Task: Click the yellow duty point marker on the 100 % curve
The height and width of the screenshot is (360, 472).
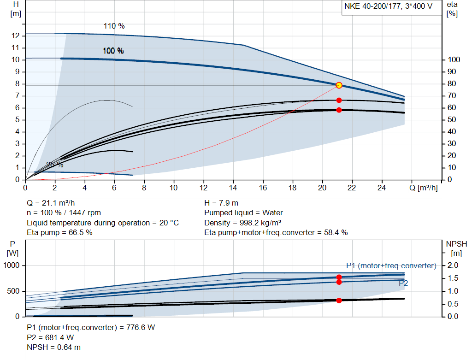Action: pyautogui.click(x=339, y=85)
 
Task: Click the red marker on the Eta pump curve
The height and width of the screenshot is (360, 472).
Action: pyautogui.click(x=339, y=100)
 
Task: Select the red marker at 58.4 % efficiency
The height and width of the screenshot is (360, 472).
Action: pyautogui.click(x=339, y=110)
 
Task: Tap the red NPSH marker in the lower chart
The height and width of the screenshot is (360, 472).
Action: pyautogui.click(x=339, y=301)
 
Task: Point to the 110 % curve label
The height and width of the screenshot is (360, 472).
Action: pyautogui.click(x=114, y=26)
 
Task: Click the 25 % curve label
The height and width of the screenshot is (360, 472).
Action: pyautogui.click(x=55, y=165)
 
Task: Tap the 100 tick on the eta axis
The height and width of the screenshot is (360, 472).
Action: pyautogui.click(x=454, y=60)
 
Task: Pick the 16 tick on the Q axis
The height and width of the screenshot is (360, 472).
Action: pyautogui.click(x=263, y=188)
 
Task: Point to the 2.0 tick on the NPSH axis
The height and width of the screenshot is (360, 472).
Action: pyautogui.click(x=453, y=266)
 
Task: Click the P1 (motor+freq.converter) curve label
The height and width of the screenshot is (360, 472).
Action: pyautogui.click(x=391, y=266)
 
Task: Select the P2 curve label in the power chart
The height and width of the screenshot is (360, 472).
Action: pyautogui.click(x=403, y=283)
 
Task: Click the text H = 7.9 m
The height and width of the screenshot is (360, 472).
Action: pyautogui.click(x=221, y=203)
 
